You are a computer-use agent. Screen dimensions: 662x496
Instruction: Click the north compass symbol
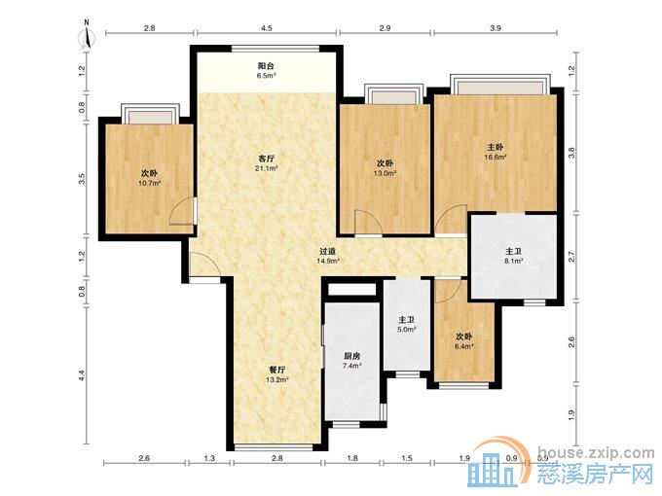87,35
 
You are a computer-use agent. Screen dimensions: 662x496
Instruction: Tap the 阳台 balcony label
266,65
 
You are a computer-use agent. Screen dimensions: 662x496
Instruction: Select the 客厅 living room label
267,159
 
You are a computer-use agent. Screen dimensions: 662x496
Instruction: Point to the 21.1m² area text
267,168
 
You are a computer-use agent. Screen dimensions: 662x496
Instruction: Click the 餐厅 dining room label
277,370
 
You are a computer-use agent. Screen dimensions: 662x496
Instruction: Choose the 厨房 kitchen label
351,356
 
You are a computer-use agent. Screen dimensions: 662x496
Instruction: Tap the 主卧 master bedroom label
496,147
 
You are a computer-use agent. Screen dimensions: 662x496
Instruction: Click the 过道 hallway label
328,252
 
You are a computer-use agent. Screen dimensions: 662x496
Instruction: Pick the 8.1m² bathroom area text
514,261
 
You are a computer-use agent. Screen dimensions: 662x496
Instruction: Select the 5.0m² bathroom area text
407,330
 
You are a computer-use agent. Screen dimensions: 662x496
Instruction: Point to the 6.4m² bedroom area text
463,346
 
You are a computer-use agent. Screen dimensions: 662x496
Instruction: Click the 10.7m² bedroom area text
150,183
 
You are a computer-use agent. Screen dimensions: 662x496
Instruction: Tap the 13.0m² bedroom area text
386,173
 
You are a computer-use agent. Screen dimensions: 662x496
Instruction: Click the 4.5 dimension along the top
267,28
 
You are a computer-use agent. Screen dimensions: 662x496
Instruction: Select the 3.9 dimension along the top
496,28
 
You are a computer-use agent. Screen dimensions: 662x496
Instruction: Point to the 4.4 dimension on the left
82,375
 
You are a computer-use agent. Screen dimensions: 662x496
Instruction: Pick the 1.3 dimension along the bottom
209,458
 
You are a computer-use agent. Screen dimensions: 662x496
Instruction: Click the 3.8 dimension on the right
571,153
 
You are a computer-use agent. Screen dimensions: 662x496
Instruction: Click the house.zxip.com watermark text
597,453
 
